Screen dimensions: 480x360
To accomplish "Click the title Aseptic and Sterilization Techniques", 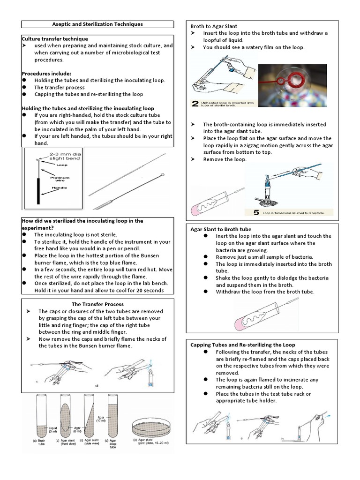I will [97, 24].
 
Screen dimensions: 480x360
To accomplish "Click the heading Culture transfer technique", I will [55, 38].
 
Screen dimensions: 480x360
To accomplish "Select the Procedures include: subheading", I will [46, 74].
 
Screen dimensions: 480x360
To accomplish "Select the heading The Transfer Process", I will [97, 304].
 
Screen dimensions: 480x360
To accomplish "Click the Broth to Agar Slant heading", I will [213, 26].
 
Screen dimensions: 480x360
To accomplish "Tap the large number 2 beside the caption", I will [195, 103].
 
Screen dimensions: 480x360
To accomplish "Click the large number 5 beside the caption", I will [256, 212].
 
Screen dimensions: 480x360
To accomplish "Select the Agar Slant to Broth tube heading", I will [221, 229].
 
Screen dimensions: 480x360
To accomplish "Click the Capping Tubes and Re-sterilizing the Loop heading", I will [243, 345].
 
